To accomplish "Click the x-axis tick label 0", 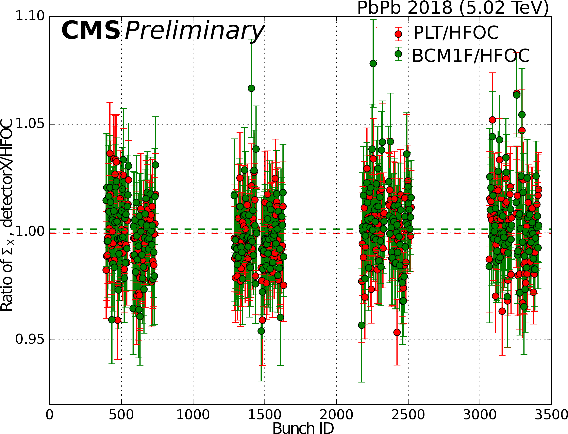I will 49,415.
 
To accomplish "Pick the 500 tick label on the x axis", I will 121,415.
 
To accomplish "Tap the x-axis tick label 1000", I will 193,415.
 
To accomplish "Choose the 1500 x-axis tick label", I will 265,415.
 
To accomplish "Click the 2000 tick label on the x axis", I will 336,415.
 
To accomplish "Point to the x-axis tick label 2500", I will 408,415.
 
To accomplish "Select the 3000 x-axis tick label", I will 480,415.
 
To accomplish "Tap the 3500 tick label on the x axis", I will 551,415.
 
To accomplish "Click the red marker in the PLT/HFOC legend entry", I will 398,34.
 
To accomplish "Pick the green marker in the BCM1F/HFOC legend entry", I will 398,54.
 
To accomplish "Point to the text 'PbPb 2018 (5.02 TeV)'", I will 453,8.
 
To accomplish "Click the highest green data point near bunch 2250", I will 373,63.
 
